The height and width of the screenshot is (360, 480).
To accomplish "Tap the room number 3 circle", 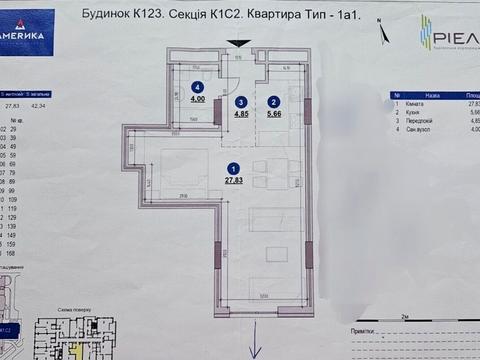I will [x=240, y=101].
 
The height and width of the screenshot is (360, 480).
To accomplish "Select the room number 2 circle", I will [x=272, y=101].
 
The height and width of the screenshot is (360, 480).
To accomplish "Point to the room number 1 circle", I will [x=233, y=169].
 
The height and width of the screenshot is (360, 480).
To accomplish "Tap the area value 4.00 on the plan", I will [x=198, y=99].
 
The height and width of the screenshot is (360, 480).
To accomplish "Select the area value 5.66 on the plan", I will [x=272, y=113].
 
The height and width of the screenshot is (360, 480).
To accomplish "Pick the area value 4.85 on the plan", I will [x=240, y=113].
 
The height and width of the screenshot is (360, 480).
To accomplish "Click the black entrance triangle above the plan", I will [x=239, y=43].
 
